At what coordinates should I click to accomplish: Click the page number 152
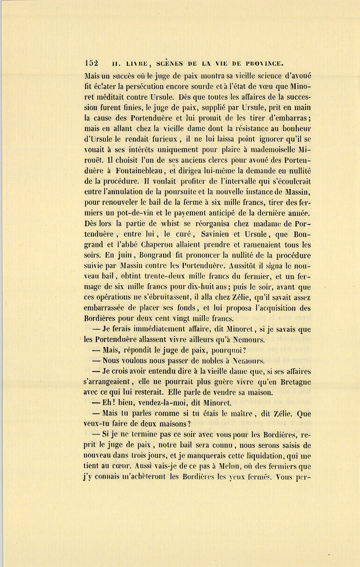[x=92, y=63]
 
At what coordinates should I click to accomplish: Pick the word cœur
[x=122, y=466]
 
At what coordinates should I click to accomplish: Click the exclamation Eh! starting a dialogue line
[x=111, y=403]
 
